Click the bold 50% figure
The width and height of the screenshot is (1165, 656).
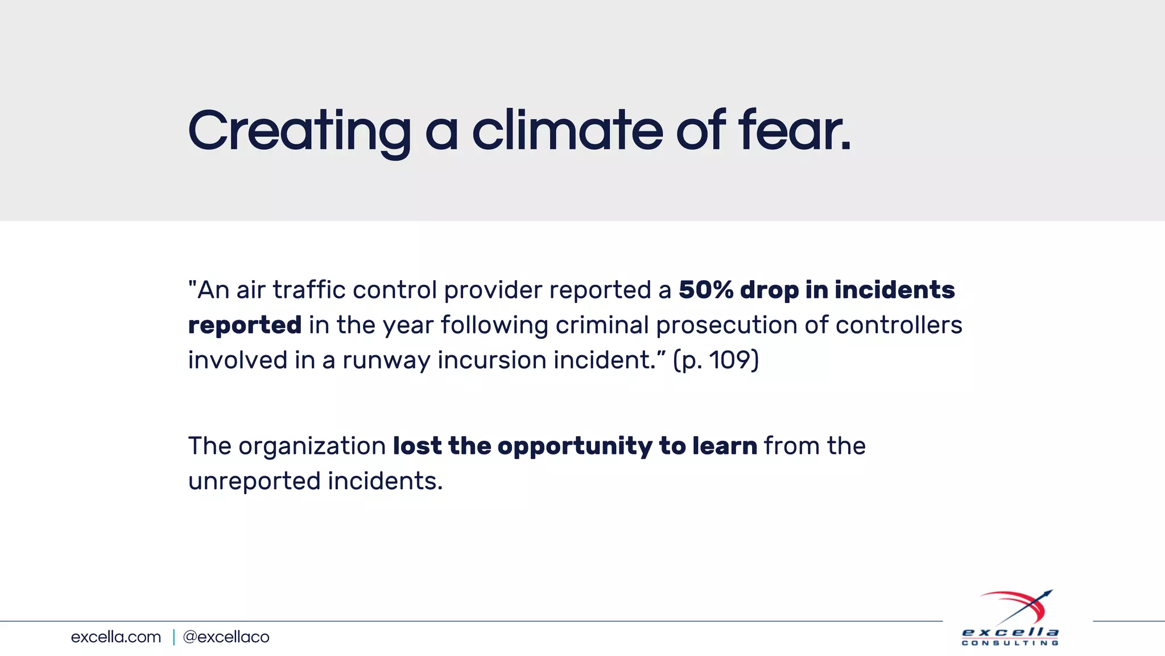(x=706, y=290)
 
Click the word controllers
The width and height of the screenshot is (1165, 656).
(x=899, y=325)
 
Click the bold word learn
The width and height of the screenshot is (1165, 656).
(x=725, y=446)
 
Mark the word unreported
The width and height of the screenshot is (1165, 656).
(x=254, y=482)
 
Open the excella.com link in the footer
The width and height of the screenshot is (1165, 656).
(x=116, y=637)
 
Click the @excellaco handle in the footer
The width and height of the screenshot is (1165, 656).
(x=226, y=637)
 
